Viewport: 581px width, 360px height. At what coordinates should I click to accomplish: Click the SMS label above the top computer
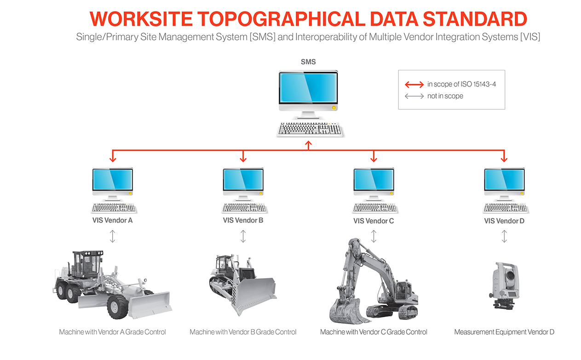[x=308, y=62]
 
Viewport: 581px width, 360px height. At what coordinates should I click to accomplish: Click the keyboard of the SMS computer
[x=310, y=129]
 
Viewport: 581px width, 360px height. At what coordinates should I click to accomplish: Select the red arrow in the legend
[x=414, y=85]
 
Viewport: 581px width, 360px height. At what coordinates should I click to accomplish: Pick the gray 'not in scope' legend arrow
[x=414, y=96]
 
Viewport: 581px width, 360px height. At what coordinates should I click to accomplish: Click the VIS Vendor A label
[x=113, y=220]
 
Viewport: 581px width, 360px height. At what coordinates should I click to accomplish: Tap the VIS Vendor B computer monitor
[x=243, y=180]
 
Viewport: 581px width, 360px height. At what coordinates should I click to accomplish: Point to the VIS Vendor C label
[x=374, y=221]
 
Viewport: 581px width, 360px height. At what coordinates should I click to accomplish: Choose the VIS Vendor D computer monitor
[x=504, y=180]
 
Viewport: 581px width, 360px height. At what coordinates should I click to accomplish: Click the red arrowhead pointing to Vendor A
[x=113, y=159]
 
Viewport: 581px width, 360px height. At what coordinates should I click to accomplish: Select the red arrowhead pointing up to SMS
[x=309, y=144]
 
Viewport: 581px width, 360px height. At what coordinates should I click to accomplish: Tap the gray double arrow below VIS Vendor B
[x=243, y=236]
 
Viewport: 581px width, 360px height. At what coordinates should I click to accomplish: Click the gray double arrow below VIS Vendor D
[x=504, y=236]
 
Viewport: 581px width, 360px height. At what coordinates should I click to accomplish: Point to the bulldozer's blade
[x=255, y=294]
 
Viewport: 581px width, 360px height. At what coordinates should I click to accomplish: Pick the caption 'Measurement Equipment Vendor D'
[x=504, y=332]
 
